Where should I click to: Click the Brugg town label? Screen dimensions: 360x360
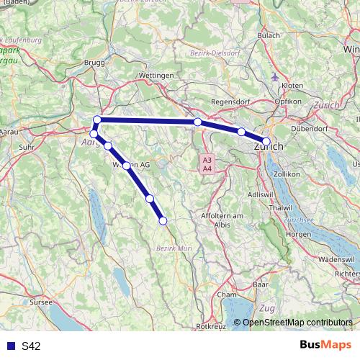click(x=94, y=63)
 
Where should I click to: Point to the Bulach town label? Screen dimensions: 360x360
click(x=269, y=35)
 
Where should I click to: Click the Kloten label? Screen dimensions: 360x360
click(x=292, y=85)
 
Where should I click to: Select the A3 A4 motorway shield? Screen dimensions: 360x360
click(x=207, y=163)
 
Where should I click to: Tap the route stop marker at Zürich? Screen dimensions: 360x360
click(x=266, y=142)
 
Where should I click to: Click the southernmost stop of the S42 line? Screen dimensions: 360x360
click(x=163, y=221)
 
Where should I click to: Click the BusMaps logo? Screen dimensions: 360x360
click(x=325, y=346)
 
